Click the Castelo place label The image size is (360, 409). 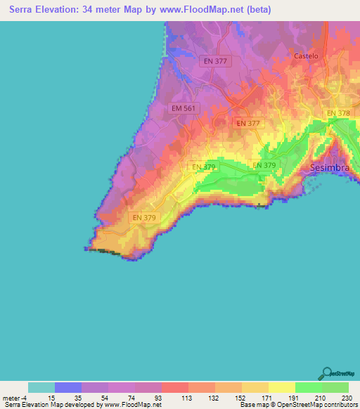pos(306,56)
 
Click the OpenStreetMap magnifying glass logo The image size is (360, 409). pos(327,372)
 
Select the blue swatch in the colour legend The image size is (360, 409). pos(68,387)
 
